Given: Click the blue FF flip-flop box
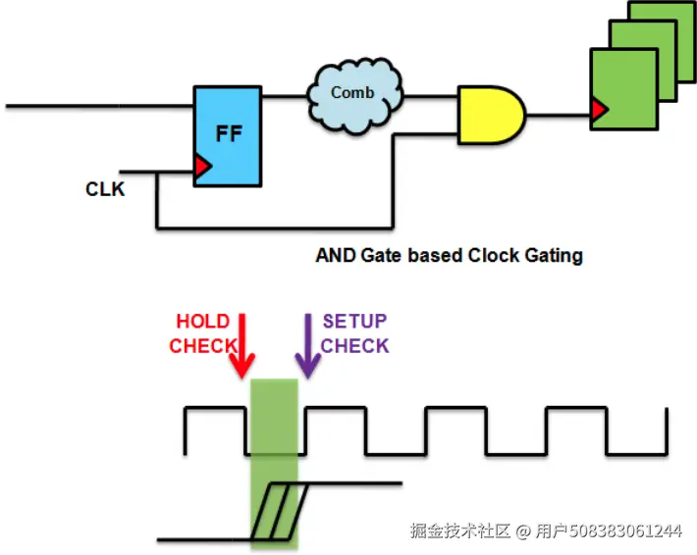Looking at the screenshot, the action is pos(228,136).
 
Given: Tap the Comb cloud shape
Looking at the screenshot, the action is pos(355,96).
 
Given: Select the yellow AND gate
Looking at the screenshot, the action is pos(492,115).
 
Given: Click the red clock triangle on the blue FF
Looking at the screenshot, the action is pos(202,167).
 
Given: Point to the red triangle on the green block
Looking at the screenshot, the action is pos(599,109).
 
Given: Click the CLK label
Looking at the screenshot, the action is pos(105,189).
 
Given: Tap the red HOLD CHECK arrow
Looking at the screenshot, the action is pos(242,346).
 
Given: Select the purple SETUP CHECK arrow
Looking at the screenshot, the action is pos(308,346).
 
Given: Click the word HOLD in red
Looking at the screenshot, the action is pos(202,321).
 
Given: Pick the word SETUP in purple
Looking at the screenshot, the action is pos(354,321).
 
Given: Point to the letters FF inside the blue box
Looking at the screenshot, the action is pos(229,133).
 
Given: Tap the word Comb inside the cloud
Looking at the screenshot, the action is pos(352,92).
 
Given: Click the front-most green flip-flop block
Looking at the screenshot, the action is pos(624,89).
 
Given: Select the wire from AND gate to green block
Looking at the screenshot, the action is pos(559,116).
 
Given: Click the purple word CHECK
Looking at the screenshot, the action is pos(354,346).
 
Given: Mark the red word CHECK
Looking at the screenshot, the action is pos(202,346).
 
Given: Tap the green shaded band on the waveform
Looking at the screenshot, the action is pos(274,464).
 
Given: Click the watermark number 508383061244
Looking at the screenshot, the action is pos(626,530).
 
